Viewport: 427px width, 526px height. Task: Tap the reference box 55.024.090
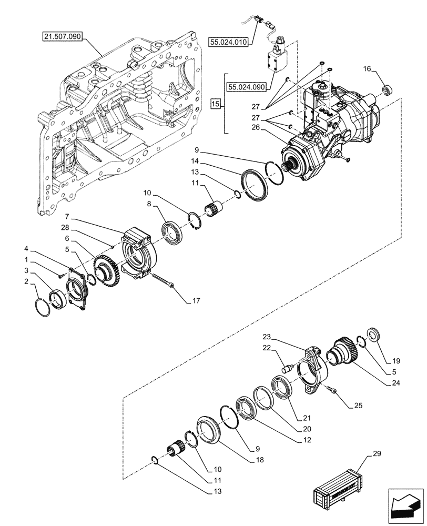click(247, 87)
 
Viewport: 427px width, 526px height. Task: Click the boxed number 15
click(215, 103)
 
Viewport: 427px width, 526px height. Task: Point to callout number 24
click(390, 383)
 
